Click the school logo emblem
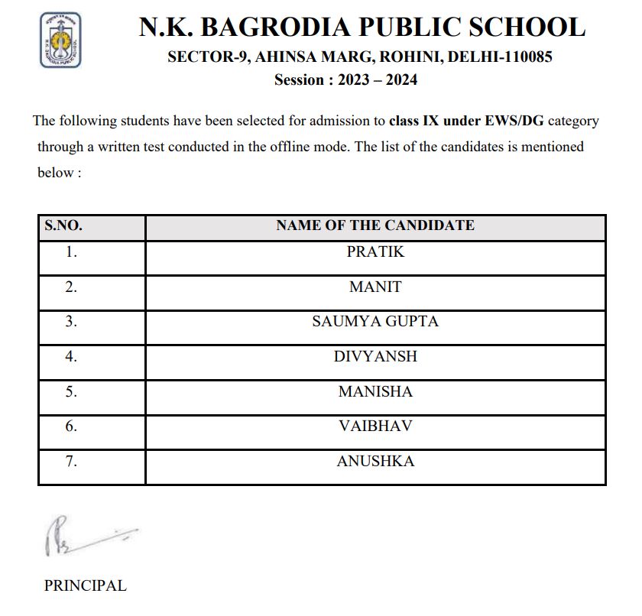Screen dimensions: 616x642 click(x=60, y=40)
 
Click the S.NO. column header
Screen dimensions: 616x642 click(x=63, y=225)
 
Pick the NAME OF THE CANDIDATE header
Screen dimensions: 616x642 click(x=374, y=225)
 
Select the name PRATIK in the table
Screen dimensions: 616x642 click(x=374, y=251)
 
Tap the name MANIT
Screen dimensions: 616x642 click(x=374, y=287)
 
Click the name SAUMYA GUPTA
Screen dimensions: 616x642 click(x=374, y=322)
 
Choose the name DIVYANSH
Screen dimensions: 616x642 click(x=374, y=357)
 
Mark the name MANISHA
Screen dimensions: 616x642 click(x=374, y=392)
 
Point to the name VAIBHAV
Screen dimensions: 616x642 click(x=374, y=426)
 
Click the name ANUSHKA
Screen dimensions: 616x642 click(x=374, y=462)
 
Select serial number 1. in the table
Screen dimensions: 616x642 click(x=72, y=251)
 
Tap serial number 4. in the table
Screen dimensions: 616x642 click(x=72, y=357)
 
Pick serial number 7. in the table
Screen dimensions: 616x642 click(x=72, y=462)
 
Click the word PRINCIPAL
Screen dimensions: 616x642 click(x=85, y=586)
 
